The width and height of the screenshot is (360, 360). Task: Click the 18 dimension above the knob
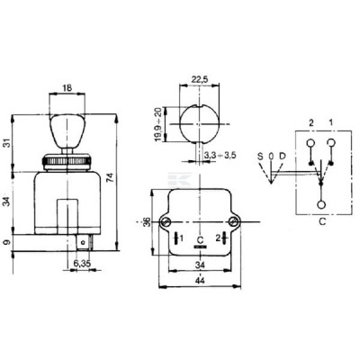(67, 88)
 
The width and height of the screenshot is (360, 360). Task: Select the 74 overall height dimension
(110, 182)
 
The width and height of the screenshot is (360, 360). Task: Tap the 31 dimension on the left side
(7, 143)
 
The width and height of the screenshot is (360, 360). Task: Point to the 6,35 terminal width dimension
(82, 263)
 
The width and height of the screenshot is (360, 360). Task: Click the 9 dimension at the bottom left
(7, 241)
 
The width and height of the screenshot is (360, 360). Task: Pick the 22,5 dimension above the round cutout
(200, 79)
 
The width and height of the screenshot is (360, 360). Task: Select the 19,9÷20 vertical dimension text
(158, 124)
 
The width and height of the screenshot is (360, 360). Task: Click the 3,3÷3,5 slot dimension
(220, 155)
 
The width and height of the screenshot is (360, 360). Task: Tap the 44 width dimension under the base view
(200, 281)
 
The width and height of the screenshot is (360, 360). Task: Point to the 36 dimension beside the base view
(147, 222)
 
